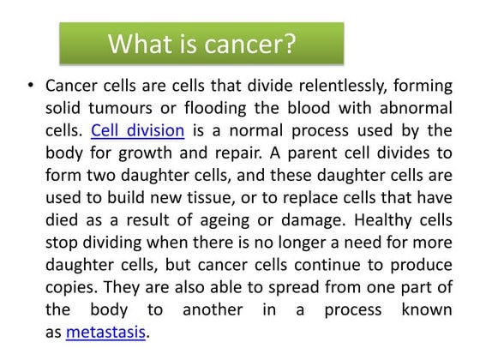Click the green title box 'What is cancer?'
click(x=201, y=43)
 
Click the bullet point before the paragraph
click(x=30, y=87)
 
